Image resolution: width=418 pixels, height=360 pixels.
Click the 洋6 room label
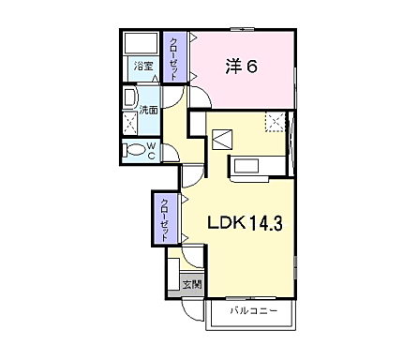point(243,67)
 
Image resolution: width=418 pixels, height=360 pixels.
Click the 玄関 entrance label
point(191,284)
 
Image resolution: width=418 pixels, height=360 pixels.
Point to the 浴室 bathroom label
point(142,67)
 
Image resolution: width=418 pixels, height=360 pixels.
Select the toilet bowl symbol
point(133,150)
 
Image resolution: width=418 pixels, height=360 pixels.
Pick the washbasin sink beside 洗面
point(130,100)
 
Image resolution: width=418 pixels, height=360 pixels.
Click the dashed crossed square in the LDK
point(274,121)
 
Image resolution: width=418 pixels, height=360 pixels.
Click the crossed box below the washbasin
point(130,125)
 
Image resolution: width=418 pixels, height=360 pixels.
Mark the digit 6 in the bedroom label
point(253,67)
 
